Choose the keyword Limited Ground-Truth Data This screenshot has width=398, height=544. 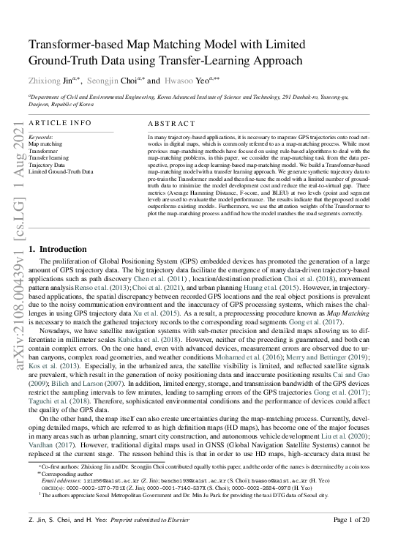(x=61, y=171)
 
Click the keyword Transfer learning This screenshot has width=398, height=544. (x=48, y=158)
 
